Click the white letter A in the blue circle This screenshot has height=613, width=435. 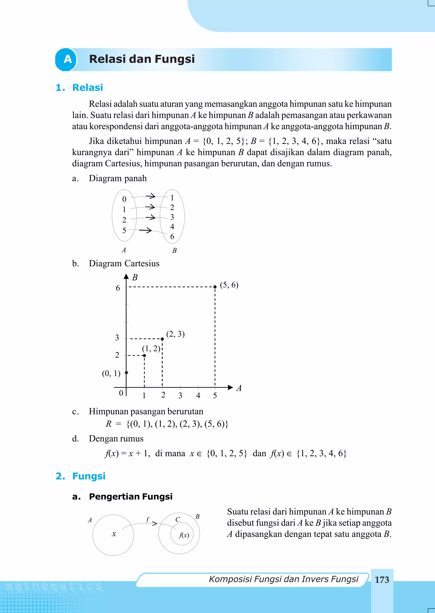pyautogui.click(x=68, y=59)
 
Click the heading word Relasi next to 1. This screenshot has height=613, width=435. pyautogui.click(x=88, y=88)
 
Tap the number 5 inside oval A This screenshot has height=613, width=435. pyautogui.click(x=124, y=230)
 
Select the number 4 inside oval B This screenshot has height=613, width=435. pyautogui.click(x=172, y=227)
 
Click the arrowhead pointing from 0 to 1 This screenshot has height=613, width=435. pyautogui.click(x=152, y=196)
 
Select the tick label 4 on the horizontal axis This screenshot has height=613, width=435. pyautogui.click(x=198, y=395)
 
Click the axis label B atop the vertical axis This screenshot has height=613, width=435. pyautogui.click(x=135, y=277)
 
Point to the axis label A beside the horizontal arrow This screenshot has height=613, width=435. pyautogui.click(x=239, y=388)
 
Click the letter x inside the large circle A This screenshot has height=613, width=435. pyautogui.click(x=114, y=534)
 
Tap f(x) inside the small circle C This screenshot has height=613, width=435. pyautogui.click(x=184, y=535)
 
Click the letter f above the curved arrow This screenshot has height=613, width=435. pyautogui.click(x=148, y=519)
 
